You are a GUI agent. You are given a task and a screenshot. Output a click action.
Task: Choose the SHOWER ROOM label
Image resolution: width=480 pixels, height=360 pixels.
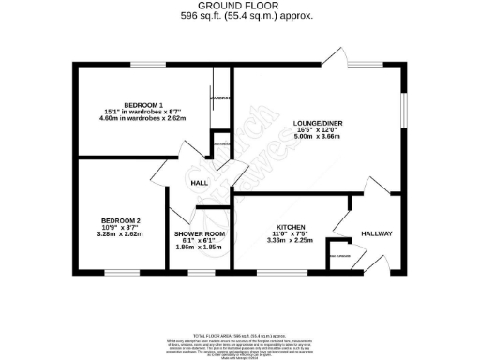pos(198,234)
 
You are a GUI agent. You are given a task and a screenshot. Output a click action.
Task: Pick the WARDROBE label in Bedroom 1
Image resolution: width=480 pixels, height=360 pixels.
pos(220,97)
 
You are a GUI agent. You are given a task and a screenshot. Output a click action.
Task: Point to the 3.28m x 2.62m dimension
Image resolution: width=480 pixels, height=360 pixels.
pos(120,234)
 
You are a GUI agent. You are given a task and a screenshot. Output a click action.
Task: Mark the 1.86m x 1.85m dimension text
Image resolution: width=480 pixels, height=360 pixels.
pos(198,247)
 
